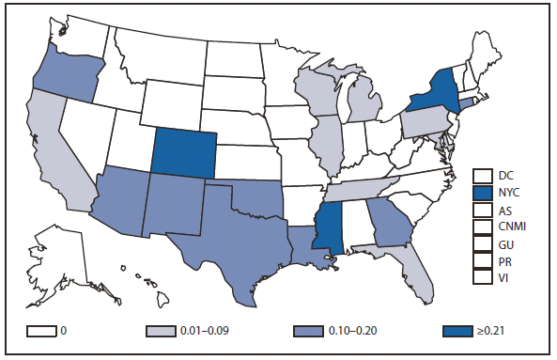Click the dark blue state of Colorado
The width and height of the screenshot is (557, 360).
tap(184, 151)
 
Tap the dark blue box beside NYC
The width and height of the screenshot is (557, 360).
tap(483, 192)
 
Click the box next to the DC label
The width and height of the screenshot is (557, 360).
tap(483, 175)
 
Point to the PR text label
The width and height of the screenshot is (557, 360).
tap(505, 260)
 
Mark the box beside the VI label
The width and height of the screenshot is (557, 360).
tap(483, 277)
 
